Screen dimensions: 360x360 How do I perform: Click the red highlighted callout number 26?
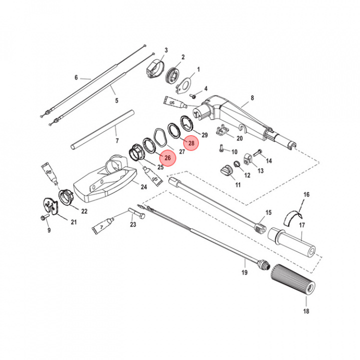coord(168,158)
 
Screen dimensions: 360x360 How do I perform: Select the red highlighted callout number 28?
coord(190,143)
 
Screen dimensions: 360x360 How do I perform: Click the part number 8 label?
coord(252,98)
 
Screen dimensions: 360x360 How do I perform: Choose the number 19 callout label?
coord(244,272)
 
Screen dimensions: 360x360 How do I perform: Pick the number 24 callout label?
coord(143,187)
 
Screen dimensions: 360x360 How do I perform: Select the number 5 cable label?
coord(116,100)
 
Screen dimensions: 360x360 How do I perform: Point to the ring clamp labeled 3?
coord(154,67)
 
